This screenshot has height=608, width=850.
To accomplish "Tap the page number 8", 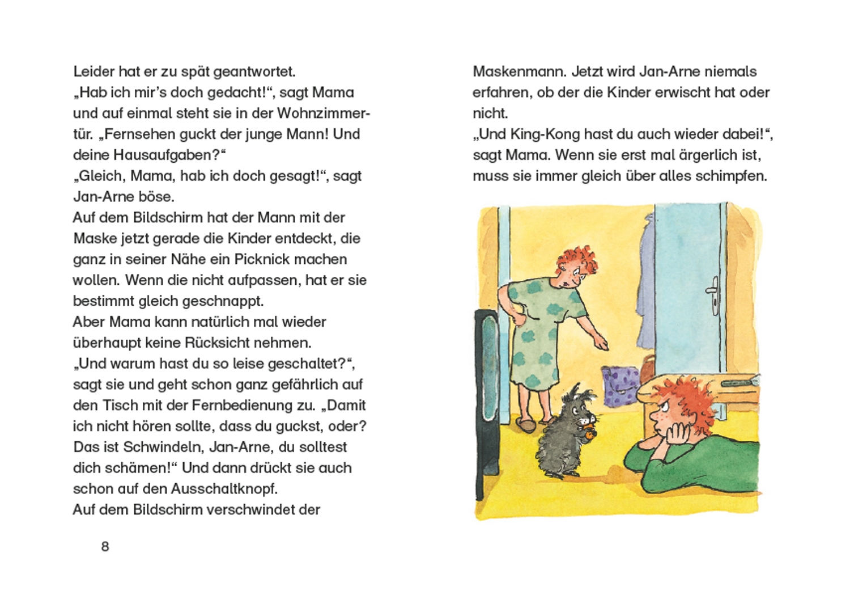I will (105, 546).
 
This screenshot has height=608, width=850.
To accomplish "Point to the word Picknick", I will (266, 260).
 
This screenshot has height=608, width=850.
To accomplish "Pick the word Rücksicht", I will (239, 343).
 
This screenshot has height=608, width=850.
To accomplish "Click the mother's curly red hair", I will (577, 261).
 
